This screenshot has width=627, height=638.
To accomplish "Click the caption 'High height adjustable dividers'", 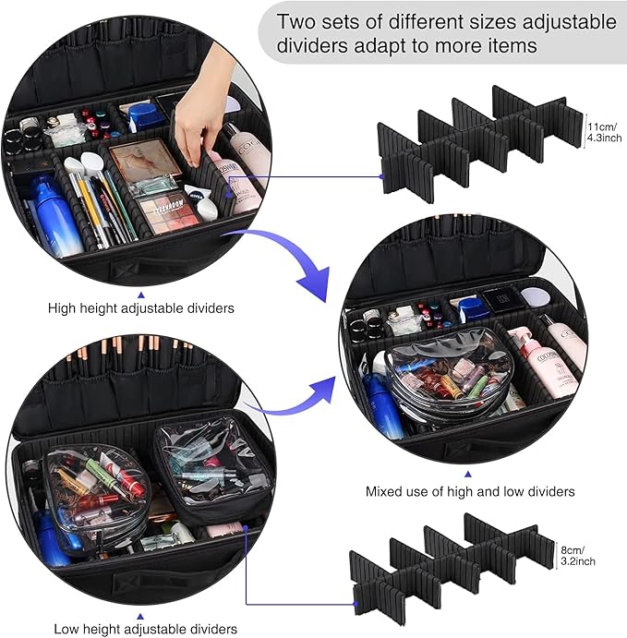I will (x=140, y=307).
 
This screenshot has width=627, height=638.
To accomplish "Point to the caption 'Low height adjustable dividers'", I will (x=145, y=629).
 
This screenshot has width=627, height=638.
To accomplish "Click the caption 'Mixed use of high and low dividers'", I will (x=470, y=491).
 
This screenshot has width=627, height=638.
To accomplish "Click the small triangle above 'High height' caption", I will (x=140, y=285).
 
